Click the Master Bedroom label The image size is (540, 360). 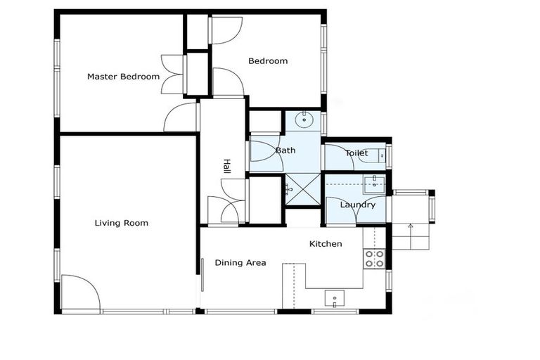point(123,77)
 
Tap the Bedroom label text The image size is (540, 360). point(268,61)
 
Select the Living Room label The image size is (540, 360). point(122,224)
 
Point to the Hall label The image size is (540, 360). point(226,166)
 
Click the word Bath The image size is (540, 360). point(285,150)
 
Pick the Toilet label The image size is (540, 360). point(356,153)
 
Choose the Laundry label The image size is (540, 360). point(357,205)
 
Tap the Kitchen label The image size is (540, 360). point(326,244)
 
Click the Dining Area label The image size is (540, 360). point(240,263)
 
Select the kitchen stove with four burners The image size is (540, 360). point(374,259)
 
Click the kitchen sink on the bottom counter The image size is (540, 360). point(335,298)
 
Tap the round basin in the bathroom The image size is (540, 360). point(305,120)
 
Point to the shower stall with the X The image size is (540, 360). point(302,188)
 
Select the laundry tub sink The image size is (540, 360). point(374,184)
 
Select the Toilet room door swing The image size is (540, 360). point(336,157)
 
